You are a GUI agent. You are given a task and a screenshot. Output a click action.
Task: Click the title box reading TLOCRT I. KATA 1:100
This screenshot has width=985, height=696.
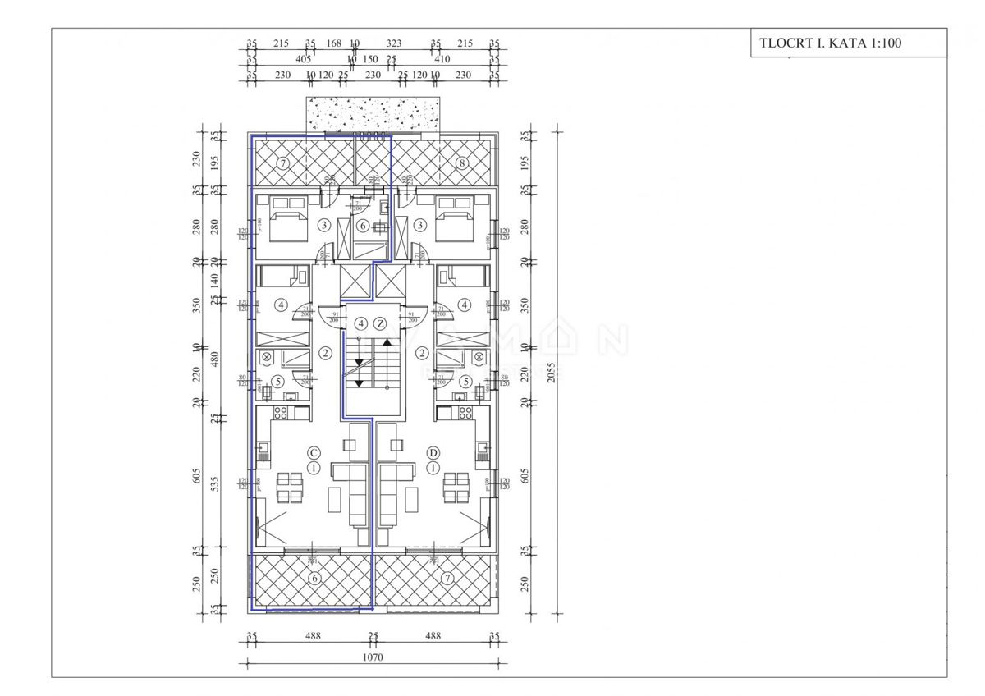point(848,43)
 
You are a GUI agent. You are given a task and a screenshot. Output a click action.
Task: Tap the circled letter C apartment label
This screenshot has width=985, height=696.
point(313,452)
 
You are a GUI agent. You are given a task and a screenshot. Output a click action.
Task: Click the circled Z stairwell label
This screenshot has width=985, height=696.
point(380,323)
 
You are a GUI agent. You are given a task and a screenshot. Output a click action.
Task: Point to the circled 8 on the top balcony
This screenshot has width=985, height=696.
point(462,163)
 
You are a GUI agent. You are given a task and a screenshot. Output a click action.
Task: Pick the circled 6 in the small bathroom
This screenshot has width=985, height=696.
point(363,226)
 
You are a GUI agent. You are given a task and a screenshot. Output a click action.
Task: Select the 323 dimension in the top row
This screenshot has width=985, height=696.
point(394,44)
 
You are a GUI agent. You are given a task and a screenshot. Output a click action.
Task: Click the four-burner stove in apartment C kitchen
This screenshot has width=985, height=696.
point(282,412)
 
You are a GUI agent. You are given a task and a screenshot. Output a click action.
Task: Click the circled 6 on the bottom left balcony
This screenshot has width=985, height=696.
point(312,579)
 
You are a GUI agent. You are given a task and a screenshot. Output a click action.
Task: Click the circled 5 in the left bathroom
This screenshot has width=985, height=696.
point(278,381)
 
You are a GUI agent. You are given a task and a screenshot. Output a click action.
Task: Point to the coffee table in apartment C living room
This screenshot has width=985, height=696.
point(337,497)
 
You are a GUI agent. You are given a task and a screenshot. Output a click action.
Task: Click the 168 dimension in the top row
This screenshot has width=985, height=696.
point(333,44)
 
